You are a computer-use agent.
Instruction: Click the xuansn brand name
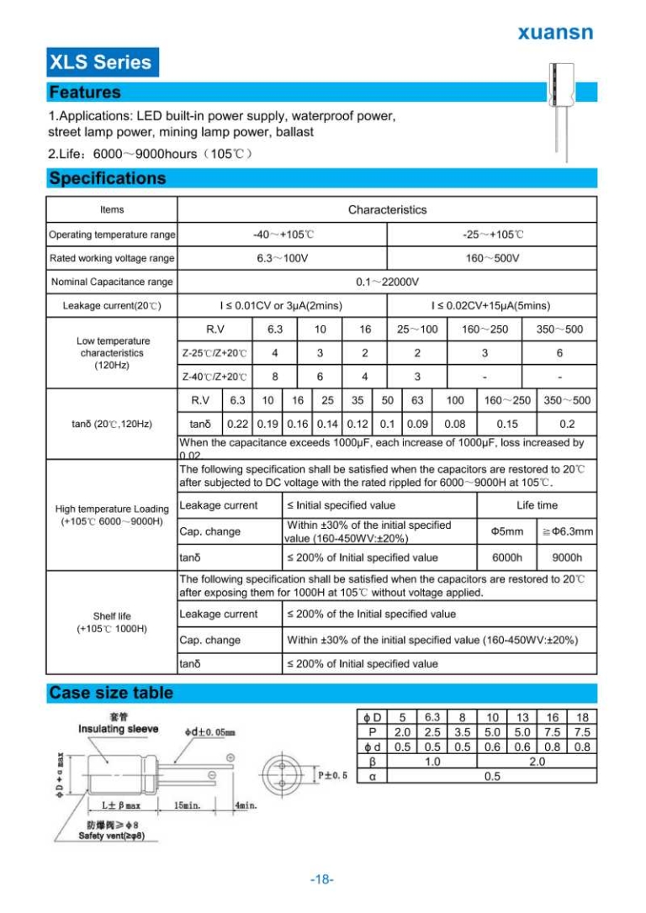pyautogui.click(x=554, y=33)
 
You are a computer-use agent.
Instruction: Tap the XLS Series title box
pyautogui.click(x=101, y=62)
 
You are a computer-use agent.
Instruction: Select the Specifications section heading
pyautogui.click(x=108, y=178)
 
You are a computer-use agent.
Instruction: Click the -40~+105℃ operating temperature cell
pyautogui.click(x=283, y=234)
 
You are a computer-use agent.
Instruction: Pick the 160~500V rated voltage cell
pyautogui.click(x=492, y=258)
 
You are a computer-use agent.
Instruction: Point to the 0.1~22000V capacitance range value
pyautogui.click(x=387, y=282)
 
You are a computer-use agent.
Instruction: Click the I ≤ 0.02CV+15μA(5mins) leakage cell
pyautogui.click(x=492, y=305)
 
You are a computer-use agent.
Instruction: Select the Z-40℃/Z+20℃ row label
pyautogui.click(x=214, y=377)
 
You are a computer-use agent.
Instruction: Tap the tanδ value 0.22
pyautogui.click(x=237, y=425)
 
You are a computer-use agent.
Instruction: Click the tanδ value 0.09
pyautogui.click(x=417, y=425)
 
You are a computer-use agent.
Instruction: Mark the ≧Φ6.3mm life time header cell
pyautogui.click(x=567, y=531)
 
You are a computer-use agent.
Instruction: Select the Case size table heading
pyautogui.click(x=111, y=693)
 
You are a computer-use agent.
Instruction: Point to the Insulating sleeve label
pyautogui.click(x=118, y=728)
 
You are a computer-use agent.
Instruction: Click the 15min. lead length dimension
pyautogui.click(x=188, y=805)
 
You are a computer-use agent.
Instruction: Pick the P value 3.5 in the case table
pyautogui.click(x=462, y=731)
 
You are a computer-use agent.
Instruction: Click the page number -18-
pyautogui.click(x=322, y=879)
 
